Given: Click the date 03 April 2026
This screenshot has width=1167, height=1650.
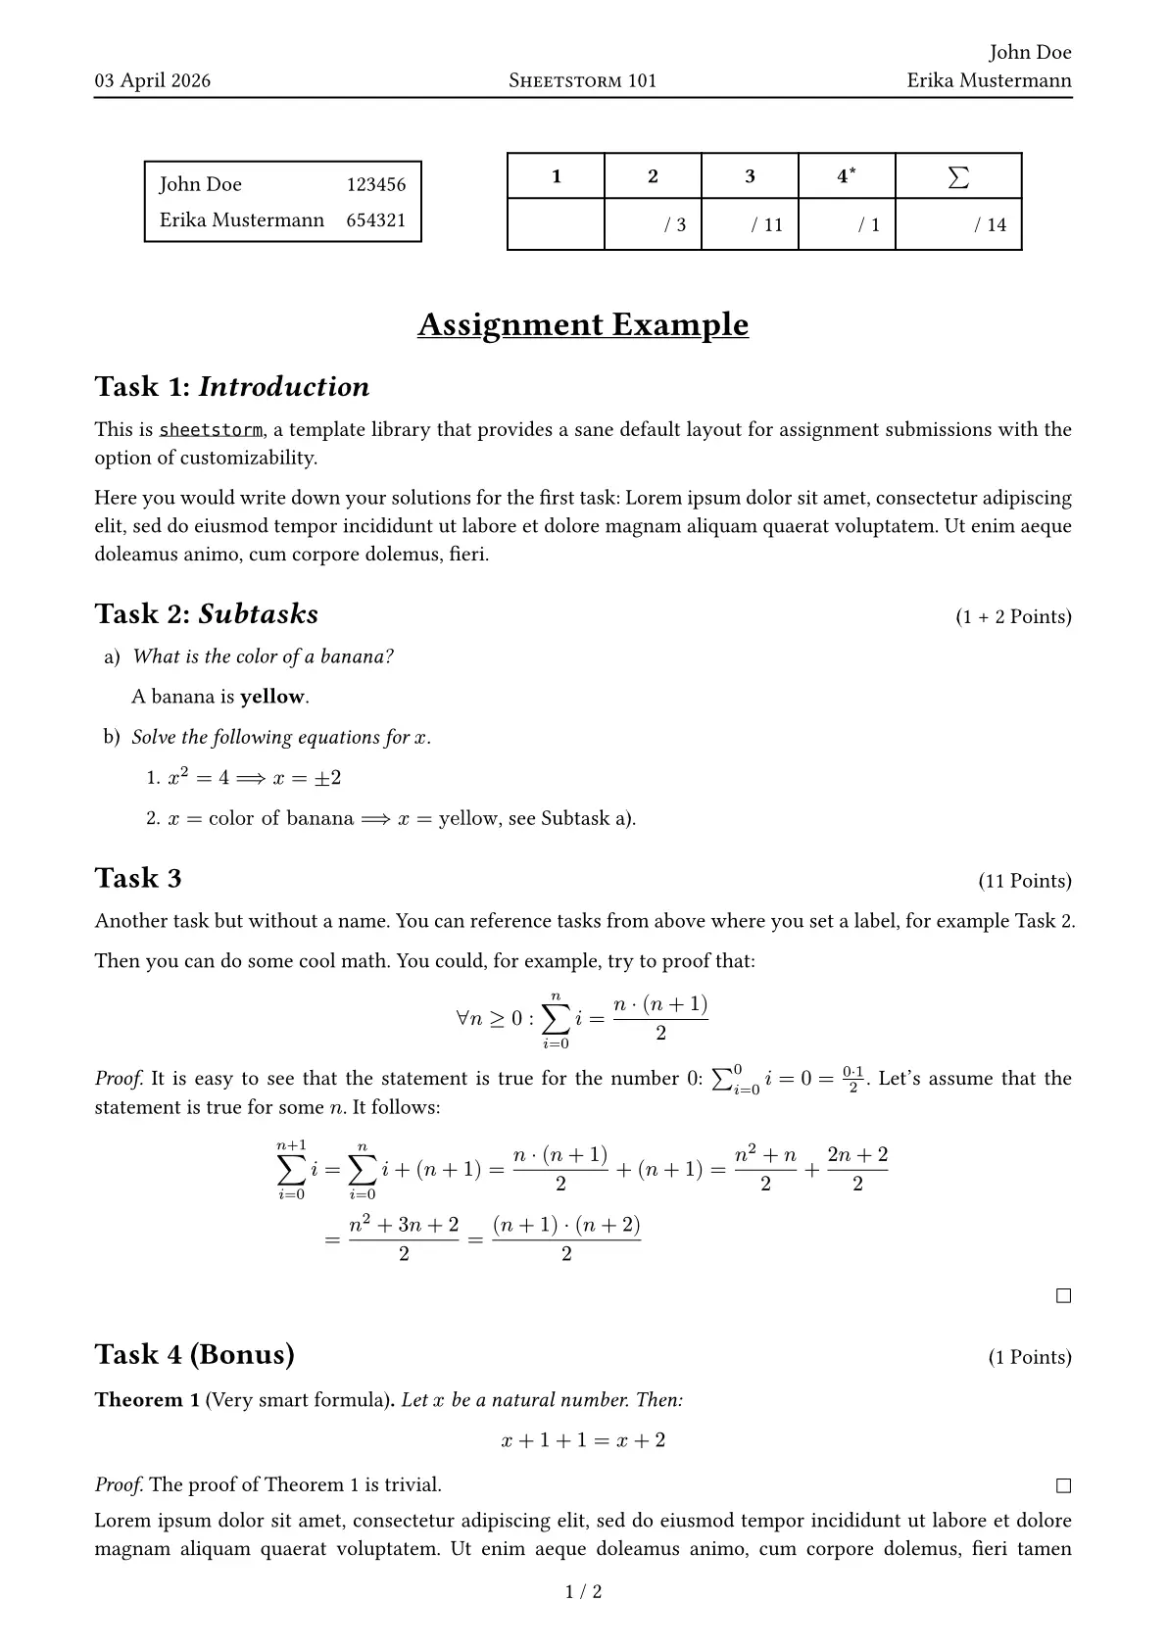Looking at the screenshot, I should point(152,80).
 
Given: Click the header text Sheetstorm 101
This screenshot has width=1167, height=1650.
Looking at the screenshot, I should point(583,80).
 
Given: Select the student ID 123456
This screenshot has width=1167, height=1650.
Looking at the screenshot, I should point(375,184).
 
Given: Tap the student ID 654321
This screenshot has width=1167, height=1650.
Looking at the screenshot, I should point(375,220).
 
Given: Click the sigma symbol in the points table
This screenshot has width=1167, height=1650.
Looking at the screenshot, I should point(958,176).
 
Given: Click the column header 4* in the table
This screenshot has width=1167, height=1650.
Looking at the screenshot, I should point(846,176).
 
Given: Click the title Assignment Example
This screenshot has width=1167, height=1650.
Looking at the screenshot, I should point(583,324).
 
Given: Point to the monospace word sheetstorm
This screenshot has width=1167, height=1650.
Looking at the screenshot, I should point(211,430).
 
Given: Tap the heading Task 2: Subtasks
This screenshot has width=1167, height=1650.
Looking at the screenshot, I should point(207,614).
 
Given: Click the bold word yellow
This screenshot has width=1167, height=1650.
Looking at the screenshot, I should point(272,697).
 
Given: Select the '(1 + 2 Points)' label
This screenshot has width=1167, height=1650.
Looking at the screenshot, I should point(1013,616).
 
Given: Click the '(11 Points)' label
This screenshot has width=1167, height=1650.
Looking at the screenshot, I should point(1025,881).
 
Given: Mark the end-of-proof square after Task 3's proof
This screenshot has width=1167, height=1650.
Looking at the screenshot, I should point(1063,1296).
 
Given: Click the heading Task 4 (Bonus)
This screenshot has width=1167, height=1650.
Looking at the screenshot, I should point(195,1354).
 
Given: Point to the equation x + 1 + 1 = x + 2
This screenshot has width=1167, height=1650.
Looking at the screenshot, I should point(583,1440).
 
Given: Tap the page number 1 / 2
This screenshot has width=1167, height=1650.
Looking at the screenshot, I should point(584,1591).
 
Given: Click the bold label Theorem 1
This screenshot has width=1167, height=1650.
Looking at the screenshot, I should point(147,1400).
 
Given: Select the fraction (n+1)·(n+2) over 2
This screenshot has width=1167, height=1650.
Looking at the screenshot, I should point(566,1239).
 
